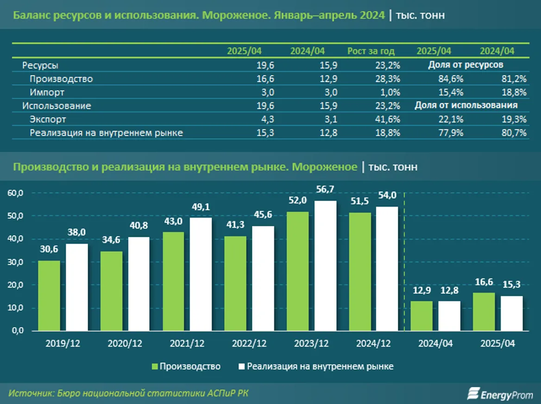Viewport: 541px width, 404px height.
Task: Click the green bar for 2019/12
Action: point(49,296)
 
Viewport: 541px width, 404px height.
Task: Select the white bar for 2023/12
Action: point(326,266)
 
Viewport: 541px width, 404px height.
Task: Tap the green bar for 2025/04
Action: point(484,312)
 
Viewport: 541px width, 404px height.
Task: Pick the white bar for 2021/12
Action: point(201,274)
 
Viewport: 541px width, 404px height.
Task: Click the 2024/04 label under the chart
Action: point(435,344)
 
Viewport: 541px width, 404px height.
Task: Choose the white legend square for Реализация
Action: point(241,366)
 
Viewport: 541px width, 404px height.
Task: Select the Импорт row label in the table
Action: point(47,92)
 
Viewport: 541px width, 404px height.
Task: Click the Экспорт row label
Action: point(48,120)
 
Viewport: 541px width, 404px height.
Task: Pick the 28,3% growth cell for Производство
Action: point(388,79)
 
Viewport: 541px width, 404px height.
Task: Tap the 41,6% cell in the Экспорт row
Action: point(388,120)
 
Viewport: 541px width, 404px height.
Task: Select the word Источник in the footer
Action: point(30,393)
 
